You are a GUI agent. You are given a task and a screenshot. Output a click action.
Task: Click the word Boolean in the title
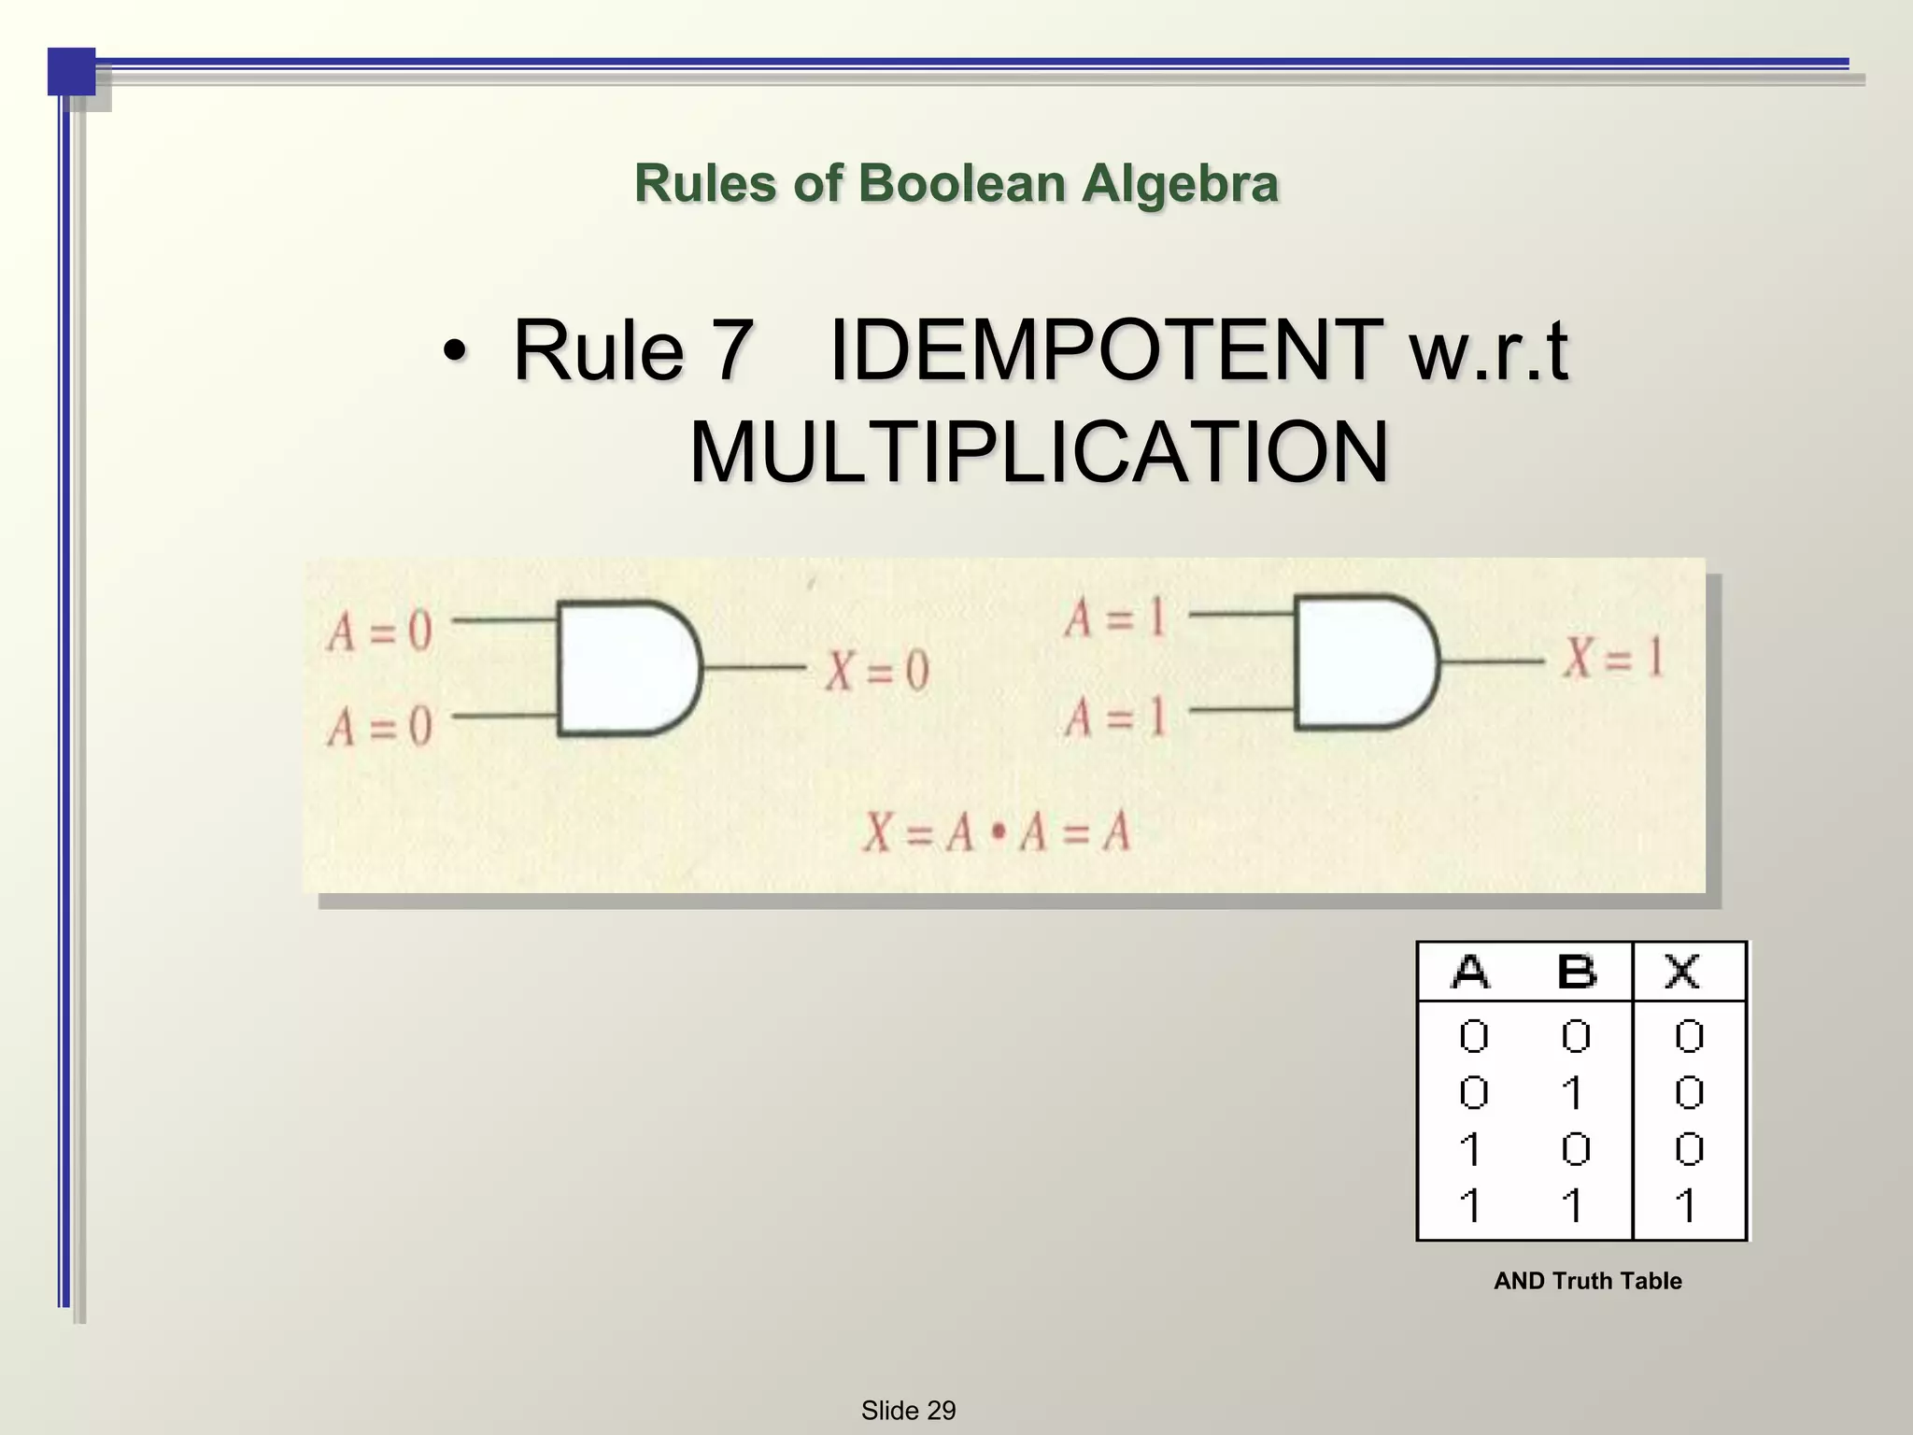pyautogui.click(x=961, y=183)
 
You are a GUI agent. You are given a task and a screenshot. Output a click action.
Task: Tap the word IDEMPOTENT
pyautogui.click(x=1106, y=351)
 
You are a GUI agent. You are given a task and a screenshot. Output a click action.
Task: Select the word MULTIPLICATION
pyautogui.click(x=1039, y=453)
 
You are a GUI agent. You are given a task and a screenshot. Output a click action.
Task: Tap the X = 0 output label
pyautogui.click(x=876, y=670)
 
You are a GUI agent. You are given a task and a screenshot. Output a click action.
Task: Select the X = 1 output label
pyautogui.click(x=1614, y=657)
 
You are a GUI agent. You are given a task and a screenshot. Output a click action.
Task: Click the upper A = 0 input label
pyautogui.click(x=379, y=632)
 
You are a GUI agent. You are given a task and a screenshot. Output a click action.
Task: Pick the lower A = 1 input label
pyautogui.click(x=1115, y=717)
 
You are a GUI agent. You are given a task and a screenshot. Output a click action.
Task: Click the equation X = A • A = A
pyautogui.click(x=996, y=831)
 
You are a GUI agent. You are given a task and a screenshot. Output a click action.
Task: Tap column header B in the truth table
pyautogui.click(x=1577, y=973)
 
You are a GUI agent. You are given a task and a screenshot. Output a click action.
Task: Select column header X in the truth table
pyautogui.click(x=1682, y=973)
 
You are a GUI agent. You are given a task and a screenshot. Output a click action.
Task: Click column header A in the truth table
pyautogui.click(x=1471, y=973)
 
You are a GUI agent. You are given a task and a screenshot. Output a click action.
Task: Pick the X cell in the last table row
pyautogui.click(x=1686, y=1206)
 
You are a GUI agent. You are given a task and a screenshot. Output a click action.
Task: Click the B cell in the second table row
pyautogui.click(x=1574, y=1093)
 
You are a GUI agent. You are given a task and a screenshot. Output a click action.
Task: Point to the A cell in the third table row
pyautogui.click(x=1470, y=1149)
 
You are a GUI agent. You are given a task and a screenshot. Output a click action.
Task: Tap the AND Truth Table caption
pyautogui.click(x=1587, y=1281)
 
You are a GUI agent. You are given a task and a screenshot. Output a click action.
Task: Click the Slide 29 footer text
pyautogui.click(x=908, y=1410)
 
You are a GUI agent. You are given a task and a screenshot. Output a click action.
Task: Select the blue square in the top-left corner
pyautogui.click(x=71, y=71)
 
